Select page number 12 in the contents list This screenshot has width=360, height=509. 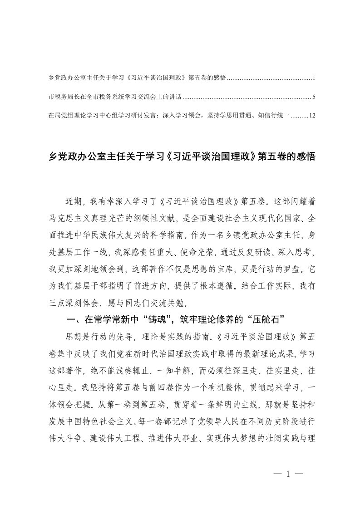[311, 116]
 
